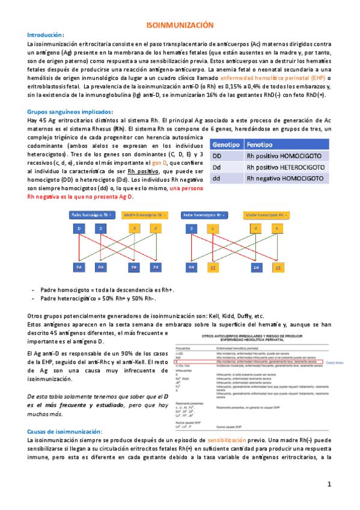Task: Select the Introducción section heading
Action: [45, 35]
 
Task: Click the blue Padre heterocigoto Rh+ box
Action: [206, 214]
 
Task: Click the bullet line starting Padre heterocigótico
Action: [99, 298]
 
